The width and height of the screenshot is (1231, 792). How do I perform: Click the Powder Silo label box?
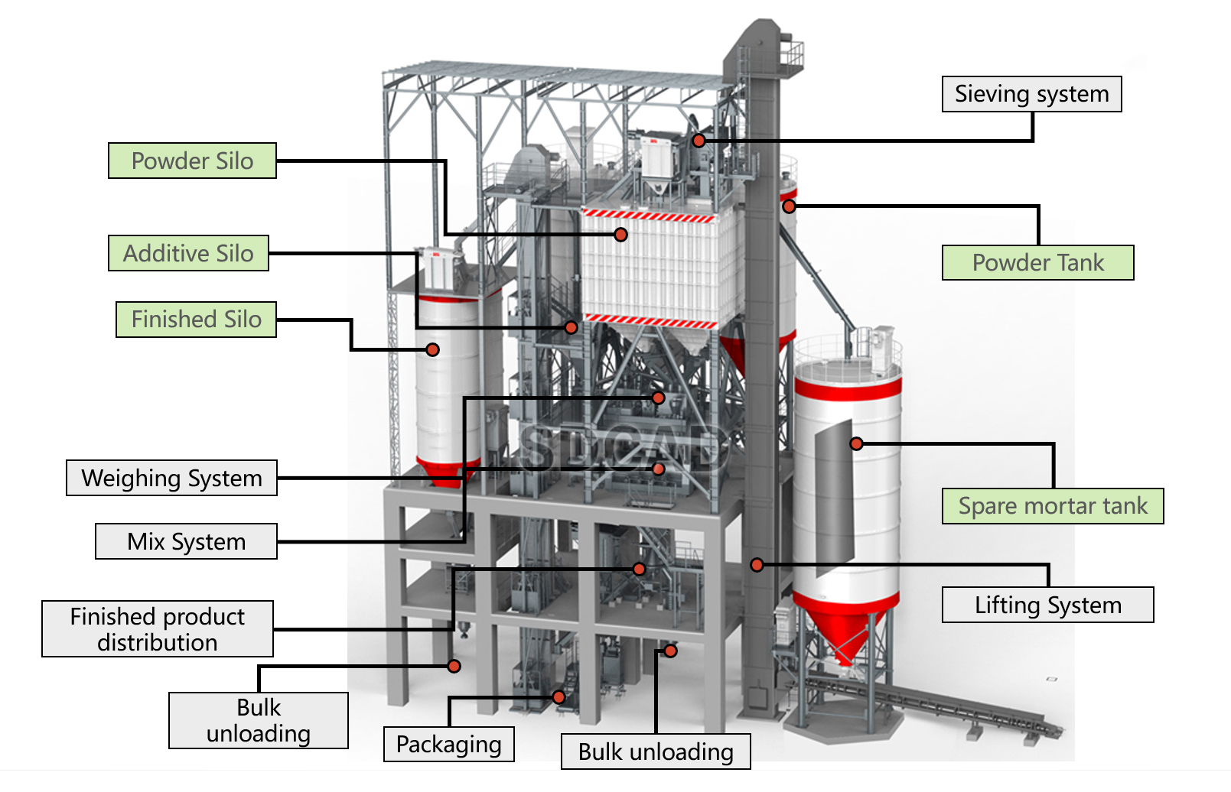coord(192,161)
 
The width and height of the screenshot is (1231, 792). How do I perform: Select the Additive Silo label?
coord(188,253)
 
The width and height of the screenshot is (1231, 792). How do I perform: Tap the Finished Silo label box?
coord(196,319)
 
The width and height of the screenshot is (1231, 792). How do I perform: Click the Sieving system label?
coord(1031,94)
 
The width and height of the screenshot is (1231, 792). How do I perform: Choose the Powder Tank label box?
coord(1037,262)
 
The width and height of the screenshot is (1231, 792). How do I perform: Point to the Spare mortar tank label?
coord(1053,506)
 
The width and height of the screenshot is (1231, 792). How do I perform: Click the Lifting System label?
coord(1047,605)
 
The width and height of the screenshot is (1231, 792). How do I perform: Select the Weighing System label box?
coord(171,478)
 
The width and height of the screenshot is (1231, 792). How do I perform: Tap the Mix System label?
coord(187,541)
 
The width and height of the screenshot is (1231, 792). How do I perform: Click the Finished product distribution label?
coord(157,629)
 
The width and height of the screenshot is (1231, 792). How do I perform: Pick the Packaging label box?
coord(448,744)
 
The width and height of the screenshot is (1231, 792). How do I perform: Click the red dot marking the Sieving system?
coord(699,141)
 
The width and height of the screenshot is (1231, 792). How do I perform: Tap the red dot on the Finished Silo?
coord(432,350)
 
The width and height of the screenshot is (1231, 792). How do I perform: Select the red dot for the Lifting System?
coord(757,565)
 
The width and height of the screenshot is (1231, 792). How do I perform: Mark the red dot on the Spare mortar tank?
coord(856,444)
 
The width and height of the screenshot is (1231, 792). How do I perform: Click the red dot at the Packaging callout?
coord(559,697)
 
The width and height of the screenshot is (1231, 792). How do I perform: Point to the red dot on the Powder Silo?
coord(621,235)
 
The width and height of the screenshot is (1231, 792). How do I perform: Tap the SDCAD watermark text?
coord(623,448)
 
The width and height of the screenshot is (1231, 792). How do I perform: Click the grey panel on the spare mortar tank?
coord(834,497)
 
